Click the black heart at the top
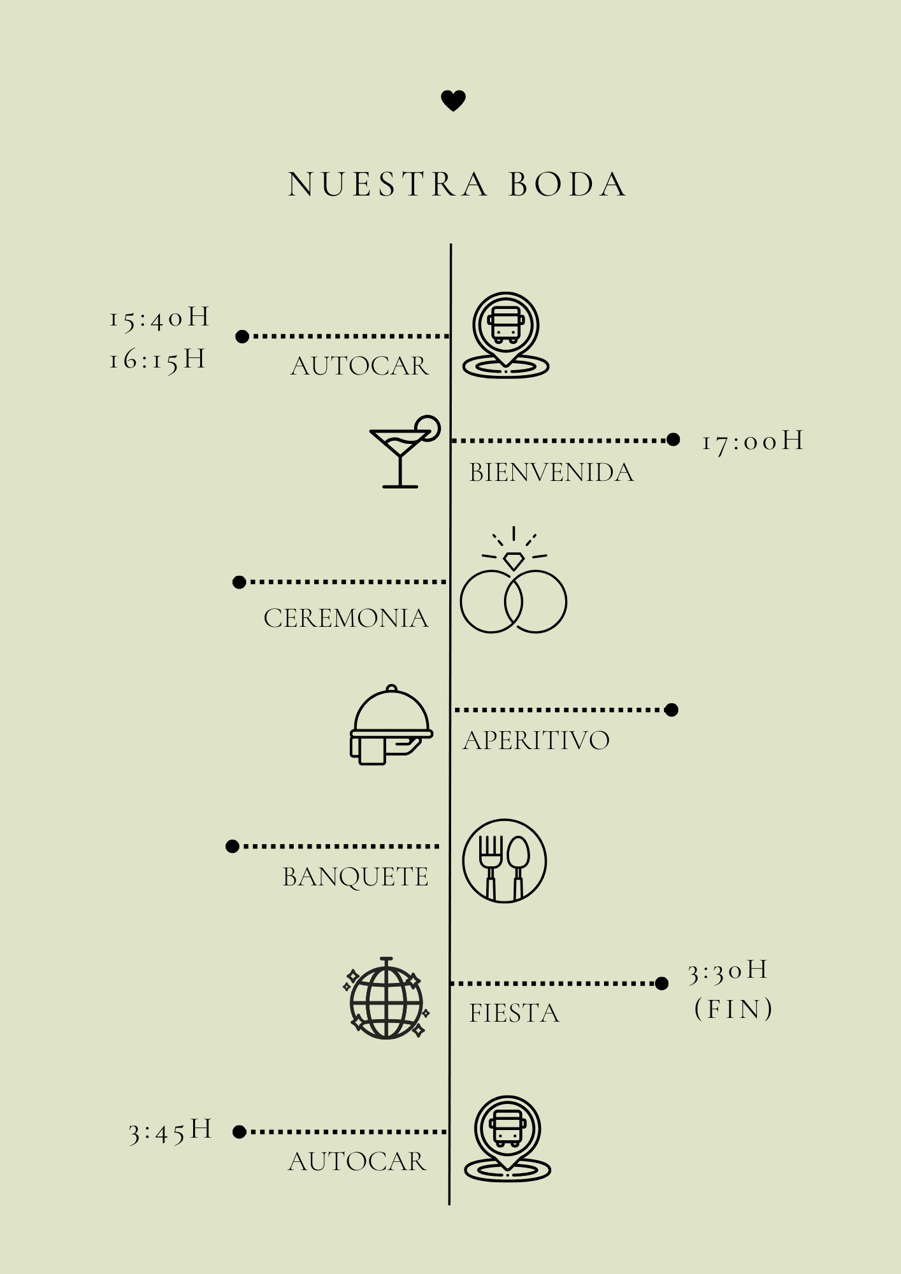coord(453,101)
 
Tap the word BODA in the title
coord(567,185)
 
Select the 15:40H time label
coord(159,317)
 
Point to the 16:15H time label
coord(157,359)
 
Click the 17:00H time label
coord(753,441)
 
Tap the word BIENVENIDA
coord(551,473)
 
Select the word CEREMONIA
coord(346,619)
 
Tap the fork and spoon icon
coord(504,861)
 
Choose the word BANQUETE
coord(356,877)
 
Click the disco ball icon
coord(386,998)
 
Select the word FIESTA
coord(514,1013)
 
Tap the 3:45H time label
coord(170,1131)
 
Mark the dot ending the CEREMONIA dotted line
coord(239,582)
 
